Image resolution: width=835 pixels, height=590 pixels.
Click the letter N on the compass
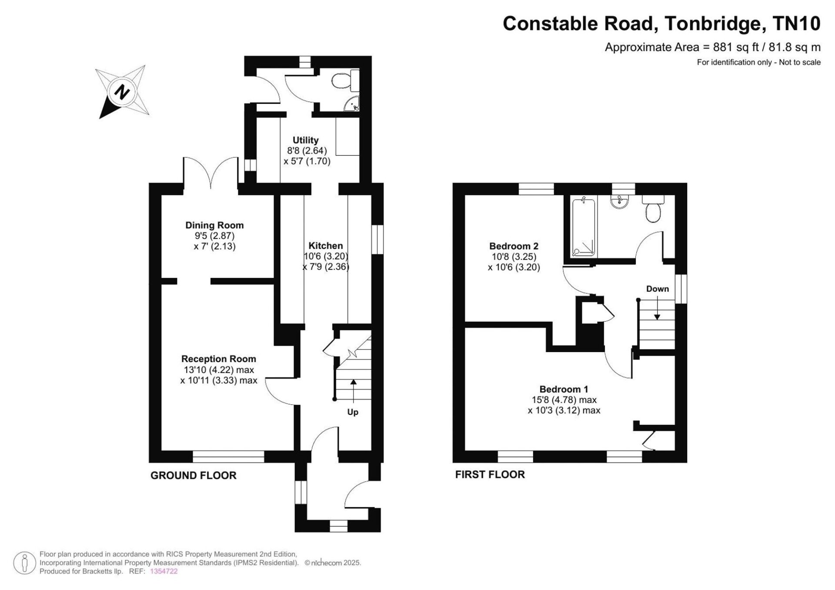[x=122, y=92]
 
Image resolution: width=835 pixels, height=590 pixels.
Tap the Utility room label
[x=305, y=140]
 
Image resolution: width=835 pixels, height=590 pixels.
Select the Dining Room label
[x=214, y=225]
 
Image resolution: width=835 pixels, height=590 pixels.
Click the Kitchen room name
[x=326, y=246]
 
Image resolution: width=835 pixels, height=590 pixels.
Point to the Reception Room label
[x=219, y=359]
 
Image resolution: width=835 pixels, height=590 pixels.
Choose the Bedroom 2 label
[x=514, y=246]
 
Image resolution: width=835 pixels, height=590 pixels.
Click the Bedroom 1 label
[x=564, y=389]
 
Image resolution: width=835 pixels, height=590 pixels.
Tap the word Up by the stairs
[x=353, y=412]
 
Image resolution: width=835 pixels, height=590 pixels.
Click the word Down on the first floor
[x=658, y=289]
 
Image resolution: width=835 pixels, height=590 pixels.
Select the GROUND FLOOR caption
[x=194, y=476]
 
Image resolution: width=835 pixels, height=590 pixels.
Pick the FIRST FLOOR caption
[x=490, y=474]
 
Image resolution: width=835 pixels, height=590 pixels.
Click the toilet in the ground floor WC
[x=346, y=80]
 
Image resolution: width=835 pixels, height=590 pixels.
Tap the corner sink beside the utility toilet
[x=352, y=104]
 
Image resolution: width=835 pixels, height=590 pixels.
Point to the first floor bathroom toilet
[x=653, y=209]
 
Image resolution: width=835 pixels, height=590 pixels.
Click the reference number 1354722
[x=164, y=571]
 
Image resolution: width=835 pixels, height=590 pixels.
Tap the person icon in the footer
[x=24, y=563]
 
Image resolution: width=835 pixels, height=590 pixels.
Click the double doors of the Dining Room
[x=211, y=173]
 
